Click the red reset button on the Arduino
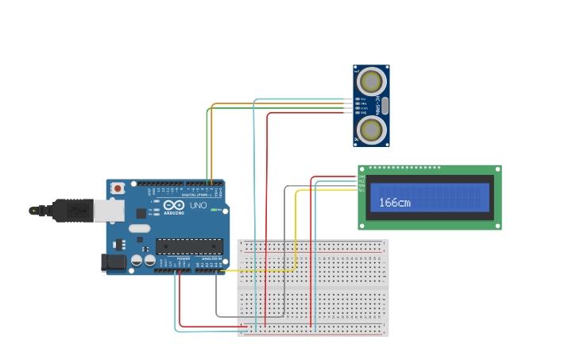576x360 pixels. (118, 188)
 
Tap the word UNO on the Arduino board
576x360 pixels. (198, 205)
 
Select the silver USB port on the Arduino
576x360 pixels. (109, 210)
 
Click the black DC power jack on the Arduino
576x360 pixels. (114, 262)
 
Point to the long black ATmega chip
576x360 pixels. (189, 246)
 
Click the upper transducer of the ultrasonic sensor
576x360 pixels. (371, 81)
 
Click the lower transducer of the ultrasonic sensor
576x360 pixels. (371, 130)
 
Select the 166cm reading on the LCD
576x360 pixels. (394, 203)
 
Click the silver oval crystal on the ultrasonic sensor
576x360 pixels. (385, 106)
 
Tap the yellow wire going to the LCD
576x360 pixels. (296, 230)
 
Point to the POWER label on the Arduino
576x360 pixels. (183, 259)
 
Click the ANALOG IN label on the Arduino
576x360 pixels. (210, 259)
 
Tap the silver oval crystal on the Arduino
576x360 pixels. (139, 228)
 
